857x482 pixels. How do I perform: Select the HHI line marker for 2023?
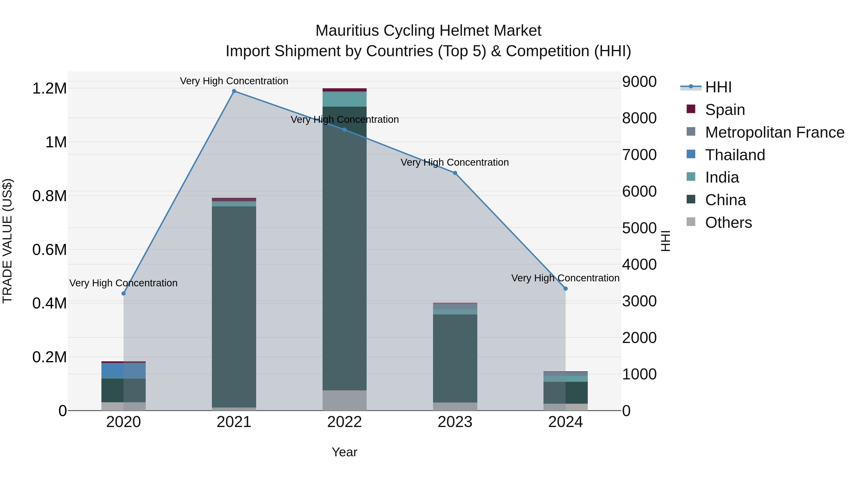(x=455, y=173)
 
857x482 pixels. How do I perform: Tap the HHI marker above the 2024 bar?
(x=566, y=289)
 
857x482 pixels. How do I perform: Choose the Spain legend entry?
(x=725, y=110)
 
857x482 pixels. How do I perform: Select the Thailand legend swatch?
(x=691, y=154)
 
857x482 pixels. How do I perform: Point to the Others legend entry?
(x=728, y=223)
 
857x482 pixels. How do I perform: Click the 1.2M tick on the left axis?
(x=49, y=89)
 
